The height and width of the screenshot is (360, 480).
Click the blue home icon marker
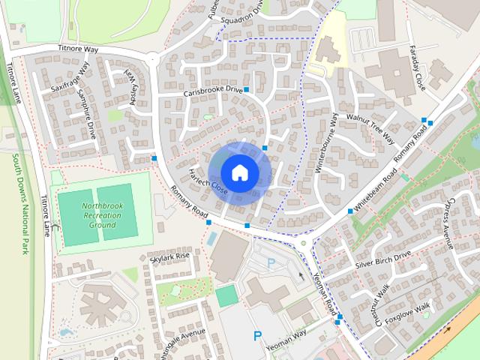pyautogui.click(x=239, y=172)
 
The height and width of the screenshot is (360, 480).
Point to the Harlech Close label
pyautogui.click(x=208, y=177)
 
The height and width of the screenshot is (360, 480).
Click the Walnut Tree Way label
pyautogui.click(x=370, y=127)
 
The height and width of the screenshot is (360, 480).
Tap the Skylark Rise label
pyautogui.click(x=169, y=257)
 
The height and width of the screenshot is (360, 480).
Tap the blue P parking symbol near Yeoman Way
pyautogui.click(x=257, y=336)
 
